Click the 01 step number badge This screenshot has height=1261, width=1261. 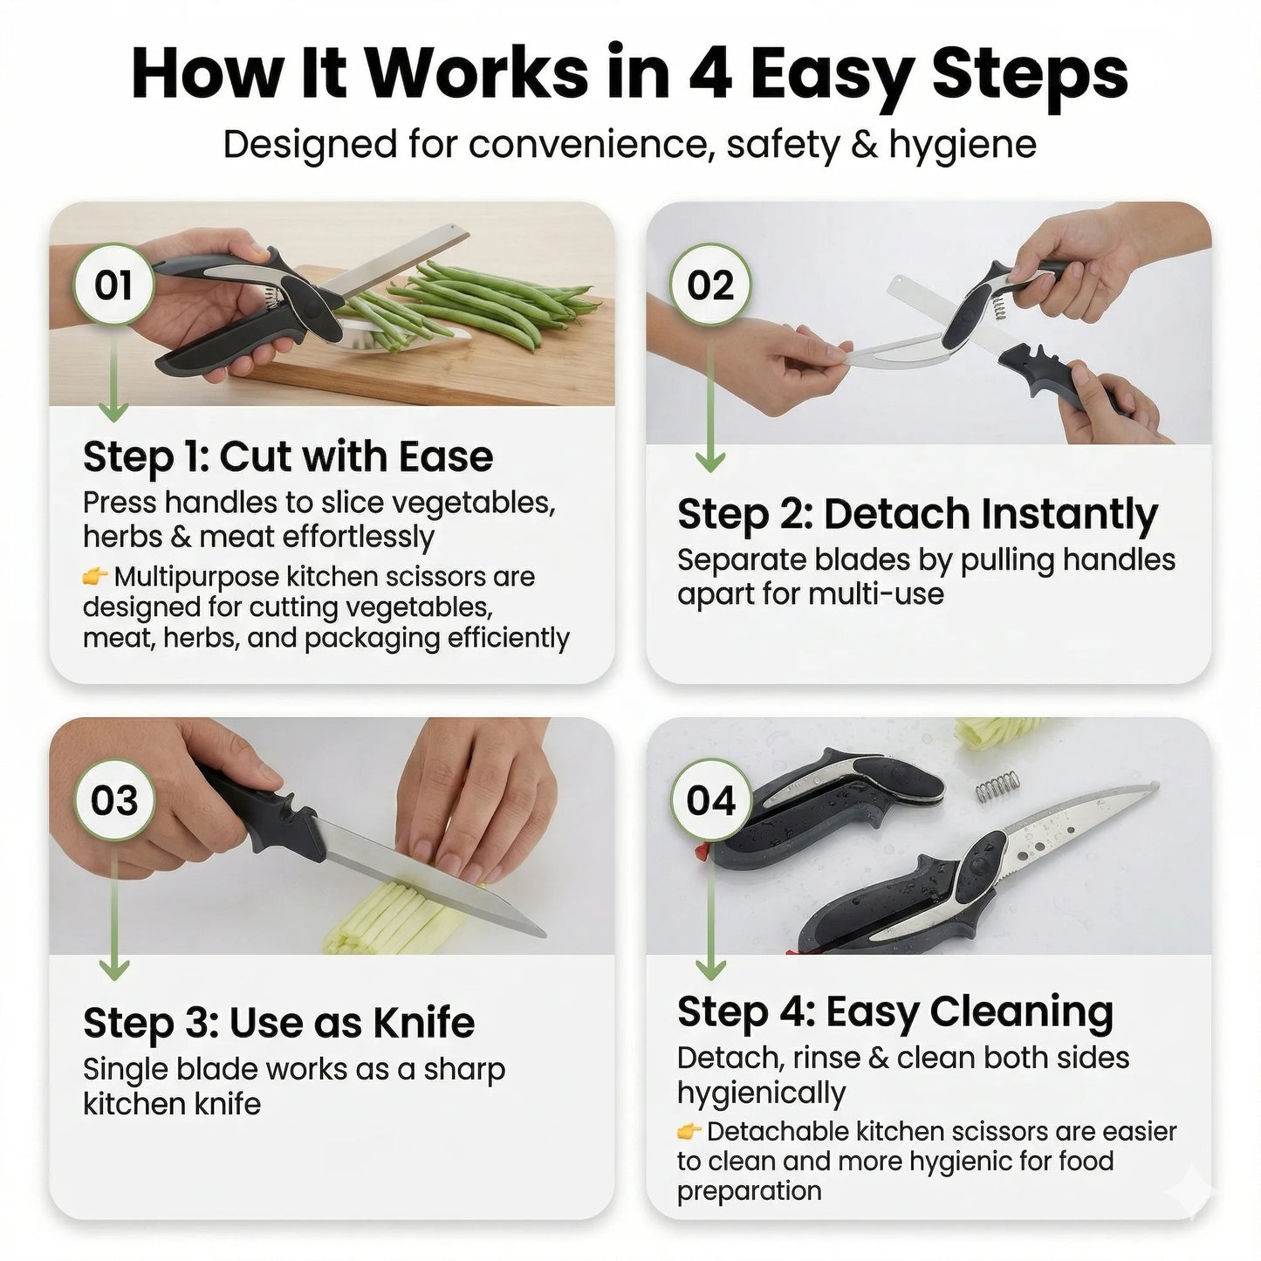[113, 285]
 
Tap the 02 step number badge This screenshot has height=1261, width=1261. [710, 285]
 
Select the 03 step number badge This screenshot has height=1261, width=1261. [113, 800]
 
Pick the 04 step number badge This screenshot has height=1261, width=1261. [710, 800]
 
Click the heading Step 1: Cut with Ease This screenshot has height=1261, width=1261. [288, 456]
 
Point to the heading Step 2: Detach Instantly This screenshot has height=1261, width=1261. [917, 514]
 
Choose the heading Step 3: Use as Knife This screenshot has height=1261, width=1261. [278, 1023]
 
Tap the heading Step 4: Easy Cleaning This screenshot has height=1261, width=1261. [895, 1012]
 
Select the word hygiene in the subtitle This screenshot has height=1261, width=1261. [963, 145]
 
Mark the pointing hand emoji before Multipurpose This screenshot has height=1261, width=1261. [95, 576]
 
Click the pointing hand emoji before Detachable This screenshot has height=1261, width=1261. [689, 1132]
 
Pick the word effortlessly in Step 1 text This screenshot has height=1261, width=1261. [357, 537]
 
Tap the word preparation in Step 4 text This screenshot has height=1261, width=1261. [749, 1191]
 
